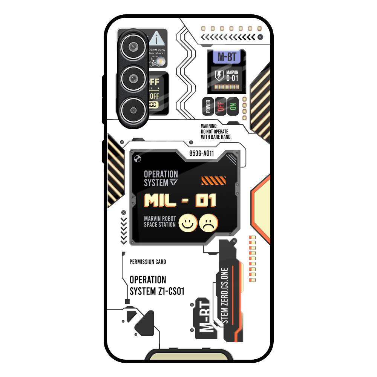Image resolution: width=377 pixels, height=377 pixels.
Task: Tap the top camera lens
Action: tap(133, 47)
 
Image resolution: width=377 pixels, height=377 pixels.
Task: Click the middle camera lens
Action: tap(133, 78)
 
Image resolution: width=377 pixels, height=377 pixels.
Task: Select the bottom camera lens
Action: tap(133, 110)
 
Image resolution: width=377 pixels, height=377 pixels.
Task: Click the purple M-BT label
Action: tap(227, 57)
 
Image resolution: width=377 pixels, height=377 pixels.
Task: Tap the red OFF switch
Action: tap(221, 106)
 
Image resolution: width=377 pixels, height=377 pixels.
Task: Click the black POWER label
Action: tap(208, 106)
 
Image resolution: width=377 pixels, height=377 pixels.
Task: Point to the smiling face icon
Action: tap(188, 223)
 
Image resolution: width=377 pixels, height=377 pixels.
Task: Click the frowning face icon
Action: tap(208, 223)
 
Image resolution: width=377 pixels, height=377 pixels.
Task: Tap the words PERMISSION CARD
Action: tap(147, 262)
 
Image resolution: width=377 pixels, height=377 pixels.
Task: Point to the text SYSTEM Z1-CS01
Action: tap(157, 291)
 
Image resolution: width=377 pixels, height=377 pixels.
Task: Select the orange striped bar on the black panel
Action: tap(213, 181)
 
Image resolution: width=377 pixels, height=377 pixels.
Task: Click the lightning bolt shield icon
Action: tap(219, 75)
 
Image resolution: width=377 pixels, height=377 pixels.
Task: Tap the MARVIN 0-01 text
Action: tap(232, 76)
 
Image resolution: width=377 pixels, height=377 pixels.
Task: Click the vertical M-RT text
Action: tap(204, 316)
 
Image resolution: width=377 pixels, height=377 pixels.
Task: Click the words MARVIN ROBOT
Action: tap(160, 218)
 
